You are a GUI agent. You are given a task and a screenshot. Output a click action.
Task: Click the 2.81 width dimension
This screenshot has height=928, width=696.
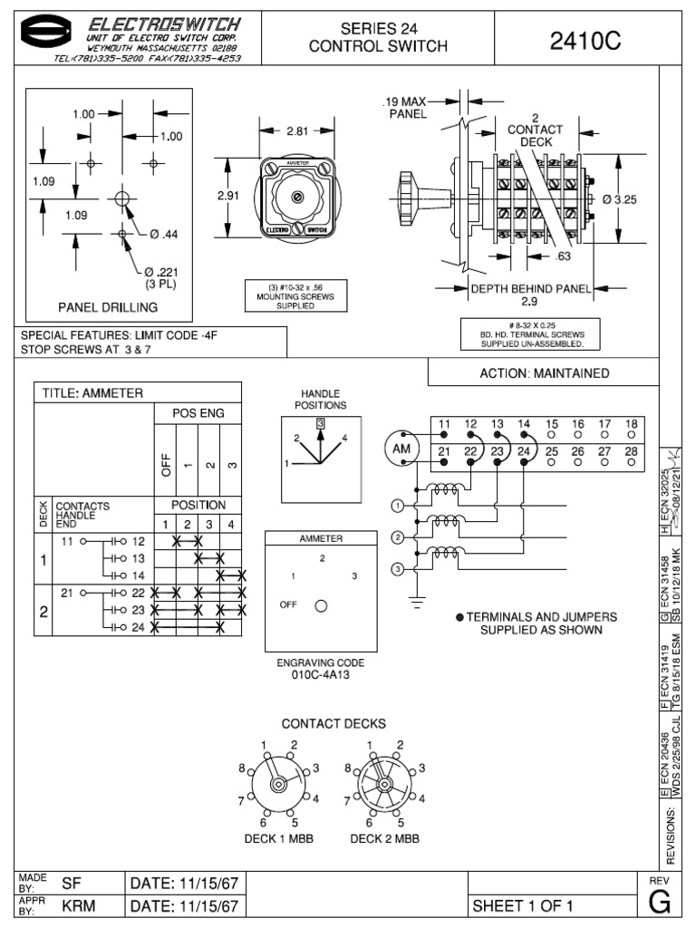click(298, 131)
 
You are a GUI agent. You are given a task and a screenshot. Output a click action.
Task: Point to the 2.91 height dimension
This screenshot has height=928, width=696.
click(228, 195)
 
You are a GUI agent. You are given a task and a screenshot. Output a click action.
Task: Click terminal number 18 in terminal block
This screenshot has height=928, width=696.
click(632, 424)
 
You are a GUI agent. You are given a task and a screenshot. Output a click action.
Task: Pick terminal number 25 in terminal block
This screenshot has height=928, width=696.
click(552, 451)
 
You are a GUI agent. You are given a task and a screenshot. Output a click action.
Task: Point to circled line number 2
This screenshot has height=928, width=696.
click(397, 536)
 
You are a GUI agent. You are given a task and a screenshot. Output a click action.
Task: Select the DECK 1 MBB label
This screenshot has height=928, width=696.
click(279, 839)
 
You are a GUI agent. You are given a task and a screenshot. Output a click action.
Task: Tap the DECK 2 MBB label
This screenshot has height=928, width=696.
click(384, 839)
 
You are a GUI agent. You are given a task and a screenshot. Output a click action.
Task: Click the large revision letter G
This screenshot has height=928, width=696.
click(660, 904)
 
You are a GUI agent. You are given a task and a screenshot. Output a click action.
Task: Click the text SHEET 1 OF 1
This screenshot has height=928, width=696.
click(524, 906)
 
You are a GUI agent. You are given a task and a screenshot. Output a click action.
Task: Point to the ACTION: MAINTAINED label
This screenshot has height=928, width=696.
click(544, 373)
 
